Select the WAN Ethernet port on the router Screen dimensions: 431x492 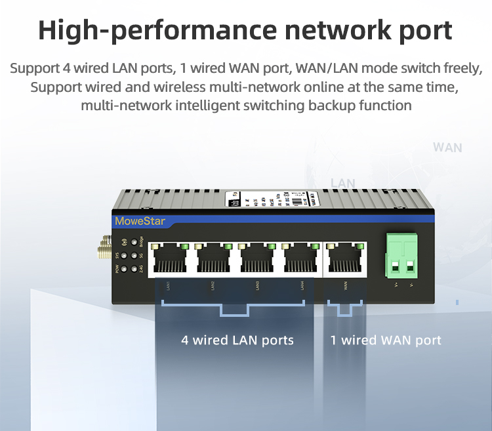[x=345, y=258]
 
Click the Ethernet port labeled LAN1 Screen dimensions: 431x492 [x=170, y=258]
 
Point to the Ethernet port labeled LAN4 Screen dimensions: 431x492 [x=300, y=258]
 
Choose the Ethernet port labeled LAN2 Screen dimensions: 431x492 [x=215, y=258]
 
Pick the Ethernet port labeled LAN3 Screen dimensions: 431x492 [x=258, y=258]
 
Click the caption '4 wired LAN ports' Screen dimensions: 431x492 [x=237, y=340]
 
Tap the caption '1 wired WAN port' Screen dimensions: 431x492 [x=386, y=340]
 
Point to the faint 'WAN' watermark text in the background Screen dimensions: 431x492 [x=447, y=148]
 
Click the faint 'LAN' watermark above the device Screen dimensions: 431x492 [x=342, y=183]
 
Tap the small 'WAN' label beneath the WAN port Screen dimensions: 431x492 [x=345, y=285]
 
